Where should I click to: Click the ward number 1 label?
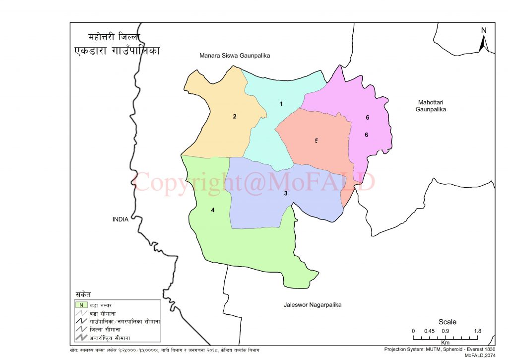point(281,104)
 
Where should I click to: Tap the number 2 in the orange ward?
point(234,117)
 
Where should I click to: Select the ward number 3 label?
point(286,193)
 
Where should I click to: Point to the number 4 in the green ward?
point(213,210)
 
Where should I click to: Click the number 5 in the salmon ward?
point(316,141)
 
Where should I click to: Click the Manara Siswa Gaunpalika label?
point(234,56)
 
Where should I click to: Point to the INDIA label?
point(120,219)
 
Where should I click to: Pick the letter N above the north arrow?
point(484,30)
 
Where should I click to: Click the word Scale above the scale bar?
point(447,322)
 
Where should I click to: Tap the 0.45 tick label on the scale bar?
point(430,331)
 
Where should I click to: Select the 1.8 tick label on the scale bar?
point(477,331)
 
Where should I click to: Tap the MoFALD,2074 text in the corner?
point(480,356)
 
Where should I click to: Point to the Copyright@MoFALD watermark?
point(254,182)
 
